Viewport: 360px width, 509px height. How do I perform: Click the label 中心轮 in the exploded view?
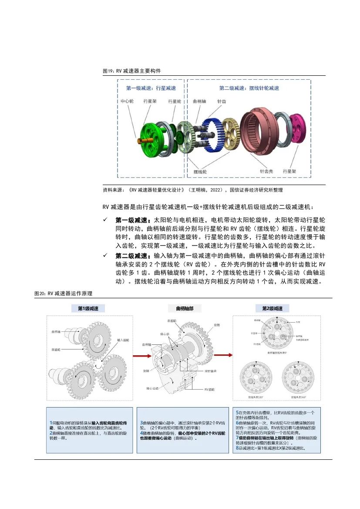click(x=127, y=101)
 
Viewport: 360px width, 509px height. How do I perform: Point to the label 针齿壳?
click(x=266, y=172)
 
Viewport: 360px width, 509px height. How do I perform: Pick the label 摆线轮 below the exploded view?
click(x=200, y=172)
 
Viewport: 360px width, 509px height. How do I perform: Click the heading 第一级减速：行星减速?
click(x=151, y=88)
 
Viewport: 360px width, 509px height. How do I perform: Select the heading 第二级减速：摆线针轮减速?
click(x=249, y=88)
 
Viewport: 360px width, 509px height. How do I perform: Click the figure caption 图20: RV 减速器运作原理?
click(x=64, y=294)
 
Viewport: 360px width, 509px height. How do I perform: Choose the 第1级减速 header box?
click(x=88, y=309)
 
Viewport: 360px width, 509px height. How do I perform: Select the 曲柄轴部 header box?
click(x=182, y=309)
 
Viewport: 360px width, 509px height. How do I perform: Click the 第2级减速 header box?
click(x=276, y=309)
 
